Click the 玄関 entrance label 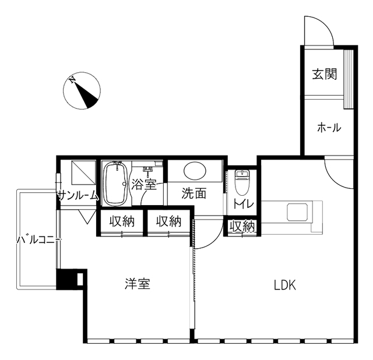click(x=325, y=74)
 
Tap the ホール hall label click(x=329, y=128)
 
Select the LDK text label click(x=285, y=285)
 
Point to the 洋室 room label click(x=138, y=284)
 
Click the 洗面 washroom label click(x=194, y=193)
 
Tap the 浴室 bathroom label click(x=144, y=184)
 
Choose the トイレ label click(x=244, y=204)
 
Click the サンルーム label click(x=78, y=196)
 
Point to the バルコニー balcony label click(x=39, y=240)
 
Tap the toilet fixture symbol click(x=242, y=182)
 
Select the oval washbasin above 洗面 click(x=195, y=171)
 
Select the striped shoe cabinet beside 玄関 click(x=349, y=79)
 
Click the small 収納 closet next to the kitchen click(x=242, y=227)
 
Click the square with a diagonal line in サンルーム click(x=84, y=172)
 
